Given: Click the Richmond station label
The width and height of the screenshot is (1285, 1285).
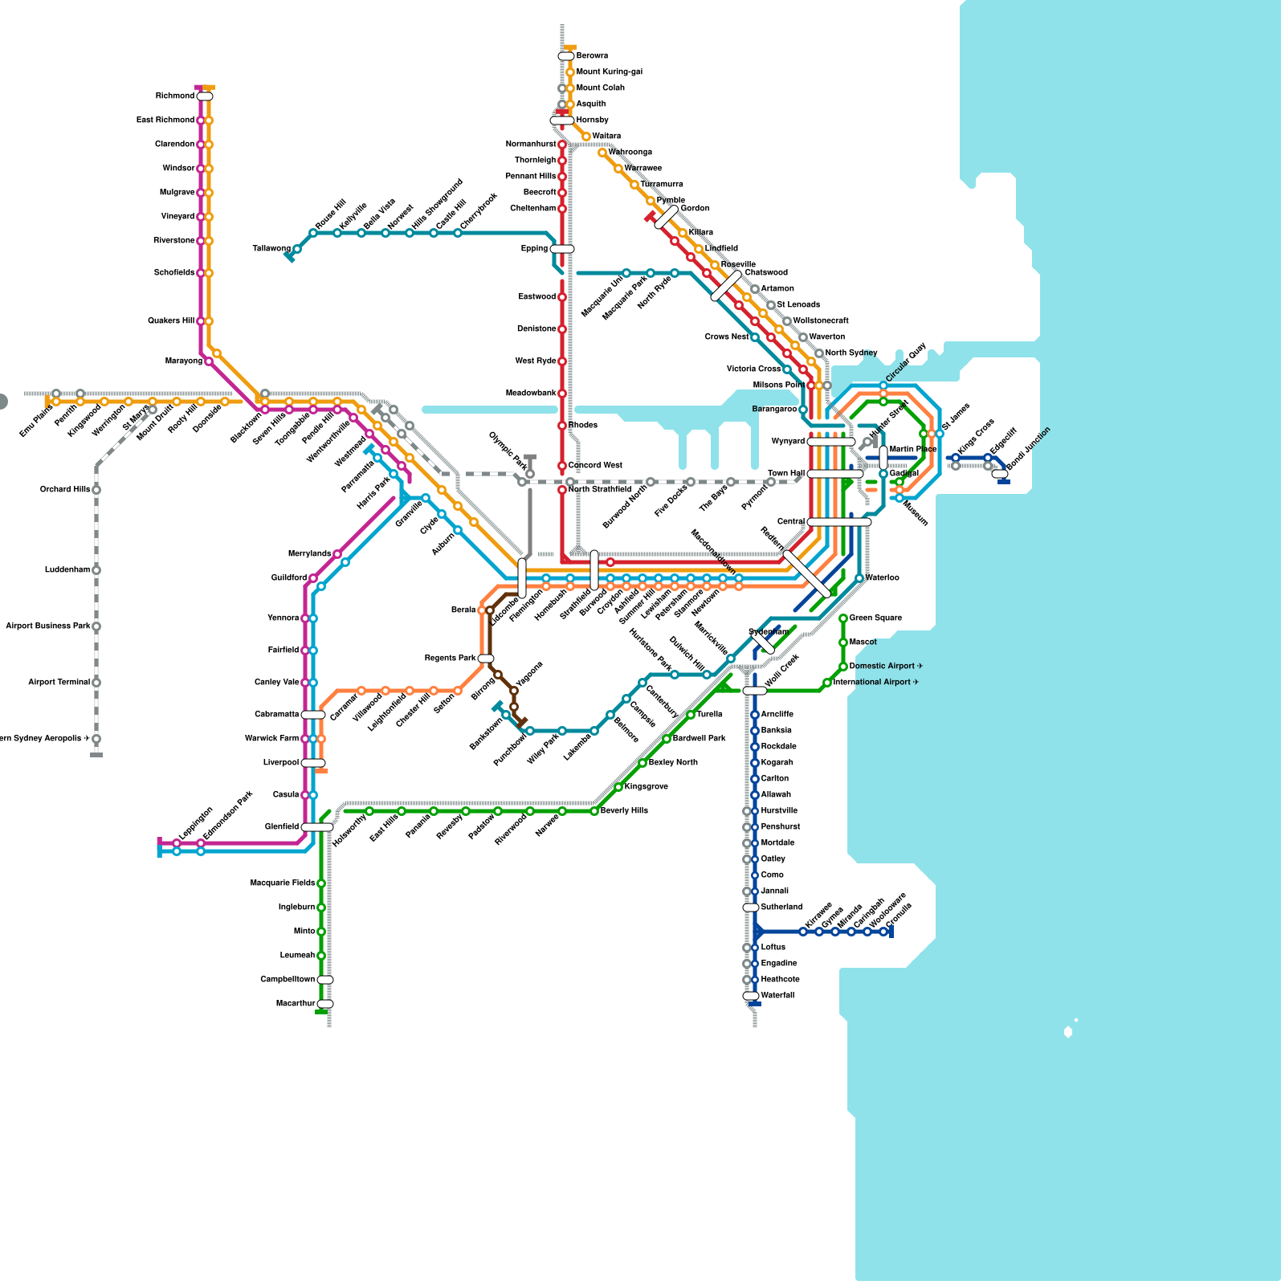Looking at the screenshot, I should (x=174, y=96).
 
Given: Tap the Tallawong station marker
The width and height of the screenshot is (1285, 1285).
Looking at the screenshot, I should (x=297, y=249).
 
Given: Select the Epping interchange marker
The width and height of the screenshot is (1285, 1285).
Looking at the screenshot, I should (x=562, y=249).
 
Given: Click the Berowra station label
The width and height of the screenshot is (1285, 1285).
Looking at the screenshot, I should (x=592, y=56).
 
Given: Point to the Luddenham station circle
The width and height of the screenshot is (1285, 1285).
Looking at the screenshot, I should (x=96, y=570).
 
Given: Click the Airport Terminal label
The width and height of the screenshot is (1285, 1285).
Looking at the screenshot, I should (x=59, y=683).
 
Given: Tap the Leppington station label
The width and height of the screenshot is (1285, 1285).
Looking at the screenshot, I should (x=195, y=823).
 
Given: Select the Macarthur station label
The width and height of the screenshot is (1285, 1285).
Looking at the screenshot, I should (x=295, y=1004).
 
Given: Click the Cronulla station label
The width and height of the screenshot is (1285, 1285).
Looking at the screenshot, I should (x=900, y=920).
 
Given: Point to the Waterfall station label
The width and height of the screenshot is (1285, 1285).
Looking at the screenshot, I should (x=777, y=996).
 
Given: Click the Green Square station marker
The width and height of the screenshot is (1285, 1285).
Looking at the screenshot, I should (x=843, y=618).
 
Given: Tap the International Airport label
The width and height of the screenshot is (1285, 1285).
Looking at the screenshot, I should (x=875, y=683).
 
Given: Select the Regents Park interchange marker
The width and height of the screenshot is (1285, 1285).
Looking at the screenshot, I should (x=486, y=659).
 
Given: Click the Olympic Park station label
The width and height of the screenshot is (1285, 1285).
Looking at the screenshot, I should (x=508, y=451).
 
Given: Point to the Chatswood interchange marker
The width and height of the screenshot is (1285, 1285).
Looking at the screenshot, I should (x=727, y=286).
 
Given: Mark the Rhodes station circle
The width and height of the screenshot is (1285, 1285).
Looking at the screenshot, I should (x=562, y=426).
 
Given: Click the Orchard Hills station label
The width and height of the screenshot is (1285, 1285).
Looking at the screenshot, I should (x=65, y=490).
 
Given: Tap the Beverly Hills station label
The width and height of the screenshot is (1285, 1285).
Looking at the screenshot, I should (x=624, y=811).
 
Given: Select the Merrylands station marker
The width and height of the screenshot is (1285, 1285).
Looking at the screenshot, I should (x=337, y=554).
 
